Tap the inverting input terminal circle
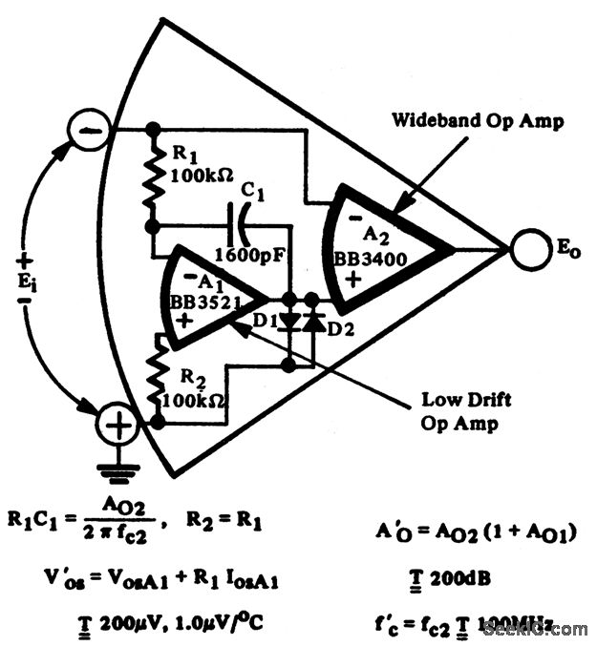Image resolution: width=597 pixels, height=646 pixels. (x=87, y=129)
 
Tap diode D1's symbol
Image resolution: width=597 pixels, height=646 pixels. (x=288, y=322)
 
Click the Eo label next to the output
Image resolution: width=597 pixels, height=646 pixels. (x=569, y=251)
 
